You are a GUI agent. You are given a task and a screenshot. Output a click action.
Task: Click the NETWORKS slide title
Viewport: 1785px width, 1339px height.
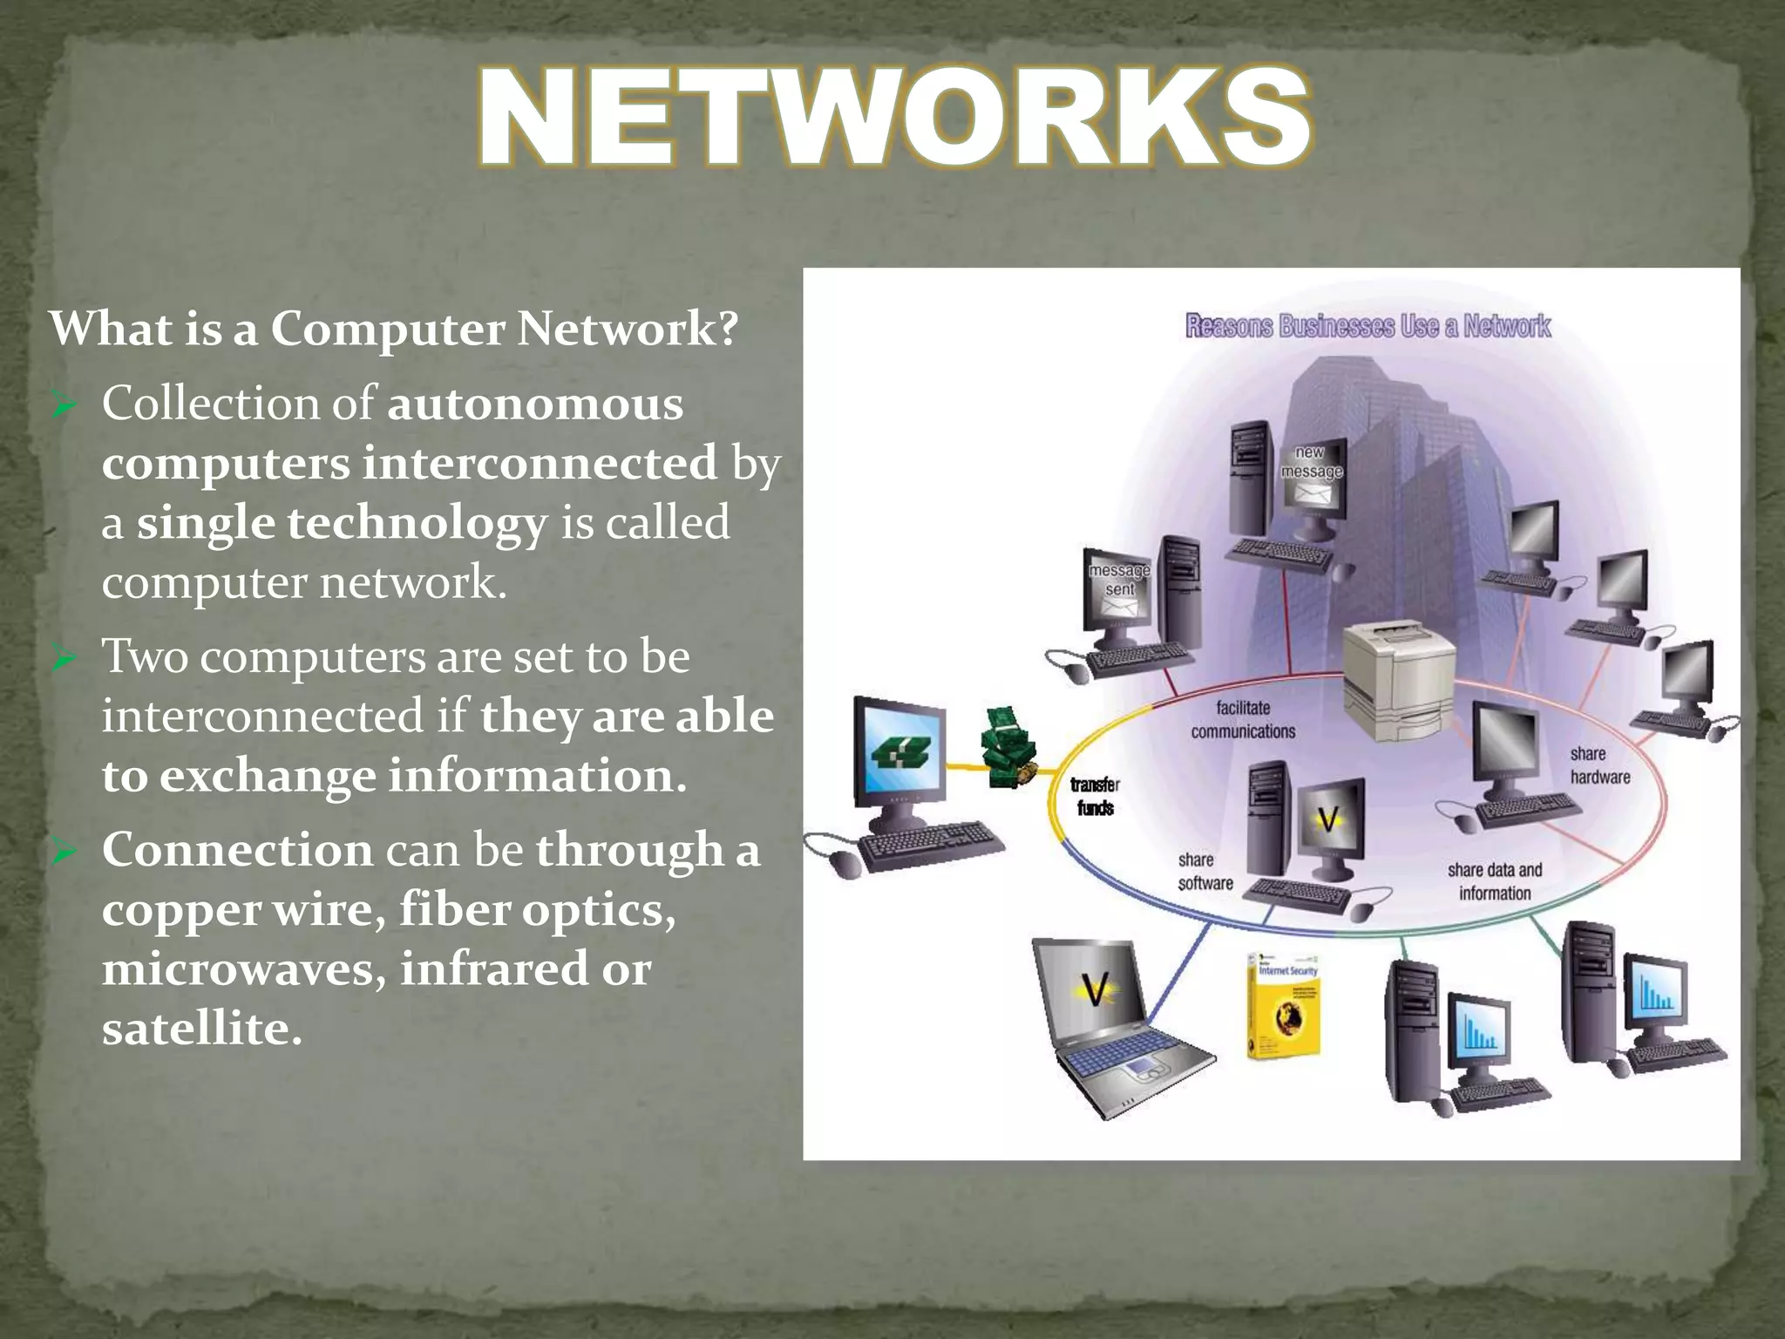coord(894,118)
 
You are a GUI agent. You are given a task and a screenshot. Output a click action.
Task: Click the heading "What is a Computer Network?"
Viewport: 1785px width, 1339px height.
coord(394,330)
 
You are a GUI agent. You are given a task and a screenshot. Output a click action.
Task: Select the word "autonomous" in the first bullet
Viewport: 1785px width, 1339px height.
coord(535,404)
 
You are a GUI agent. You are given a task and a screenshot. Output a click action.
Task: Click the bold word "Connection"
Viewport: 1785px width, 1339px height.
coord(237,850)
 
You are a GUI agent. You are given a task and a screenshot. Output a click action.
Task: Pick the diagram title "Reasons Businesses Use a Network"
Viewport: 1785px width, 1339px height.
coord(1368,326)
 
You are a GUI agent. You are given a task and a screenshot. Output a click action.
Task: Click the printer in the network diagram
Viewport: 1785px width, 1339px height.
coord(1398,680)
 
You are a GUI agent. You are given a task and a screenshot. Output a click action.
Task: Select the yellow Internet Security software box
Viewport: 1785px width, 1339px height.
coord(1283,1005)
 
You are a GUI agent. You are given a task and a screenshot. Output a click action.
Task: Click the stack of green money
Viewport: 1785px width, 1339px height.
coord(1008,748)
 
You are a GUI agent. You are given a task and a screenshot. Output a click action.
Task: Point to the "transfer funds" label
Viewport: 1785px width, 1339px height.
coord(1095,797)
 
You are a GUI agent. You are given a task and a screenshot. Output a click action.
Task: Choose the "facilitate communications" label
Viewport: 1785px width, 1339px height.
coord(1243,720)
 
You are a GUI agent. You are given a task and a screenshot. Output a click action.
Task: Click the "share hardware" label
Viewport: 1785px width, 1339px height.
coord(1599,765)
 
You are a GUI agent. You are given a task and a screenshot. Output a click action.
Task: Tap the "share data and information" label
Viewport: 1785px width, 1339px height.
coord(1495,881)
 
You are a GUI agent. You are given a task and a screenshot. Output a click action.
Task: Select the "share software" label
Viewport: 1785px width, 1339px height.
coord(1205,872)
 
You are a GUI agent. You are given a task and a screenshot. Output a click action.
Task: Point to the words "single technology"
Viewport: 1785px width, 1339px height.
coord(342,524)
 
